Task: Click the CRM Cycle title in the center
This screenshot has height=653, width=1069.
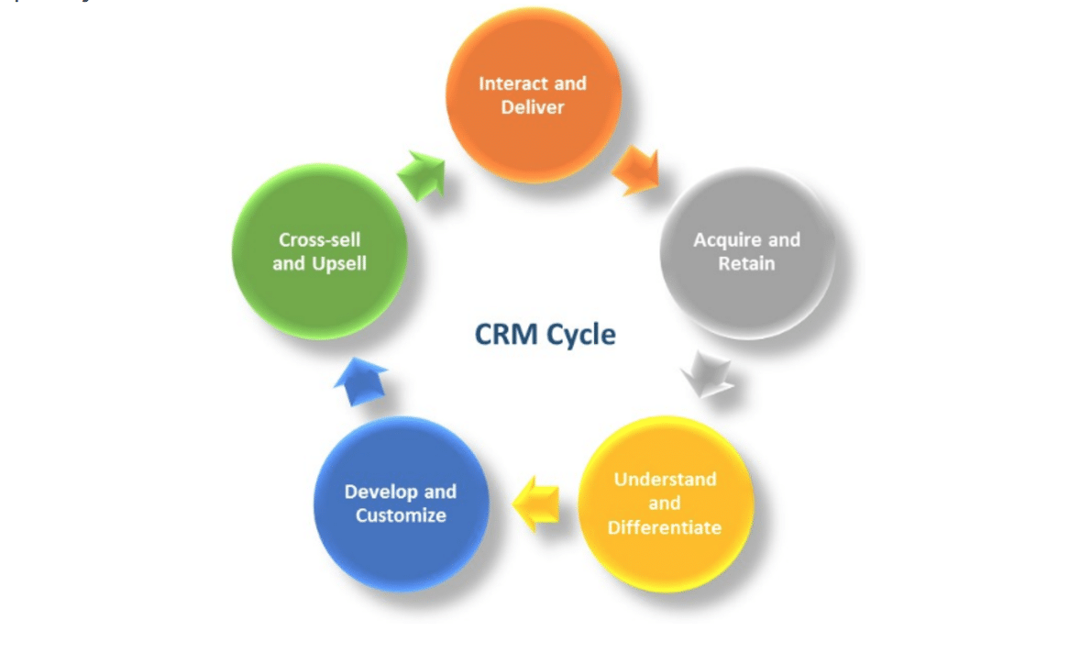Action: (x=545, y=334)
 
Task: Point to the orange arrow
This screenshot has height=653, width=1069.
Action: (x=635, y=170)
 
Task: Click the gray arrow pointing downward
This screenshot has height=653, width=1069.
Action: (x=707, y=374)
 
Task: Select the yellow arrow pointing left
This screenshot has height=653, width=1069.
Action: (x=537, y=504)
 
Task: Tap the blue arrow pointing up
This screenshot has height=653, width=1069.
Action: (x=359, y=382)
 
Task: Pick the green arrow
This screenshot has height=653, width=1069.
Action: (x=421, y=174)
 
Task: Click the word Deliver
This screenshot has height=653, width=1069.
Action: (x=533, y=107)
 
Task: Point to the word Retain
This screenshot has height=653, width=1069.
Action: (x=747, y=263)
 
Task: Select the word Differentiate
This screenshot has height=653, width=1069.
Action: (x=665, y=527)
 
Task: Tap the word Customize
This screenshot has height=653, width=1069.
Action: (x=401, y=515)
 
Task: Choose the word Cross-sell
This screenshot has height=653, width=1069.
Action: (x=319, y=239)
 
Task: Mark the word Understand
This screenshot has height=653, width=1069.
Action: (x=665, y=479)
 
